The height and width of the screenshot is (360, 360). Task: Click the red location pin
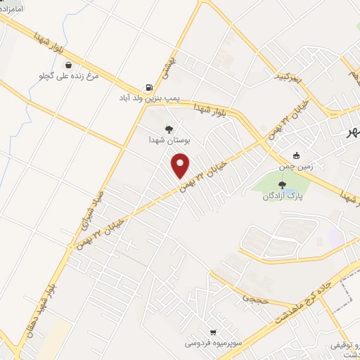point(181,165)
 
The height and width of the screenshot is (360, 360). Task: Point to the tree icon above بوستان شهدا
point(168,128)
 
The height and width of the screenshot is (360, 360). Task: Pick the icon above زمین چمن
point(297,155)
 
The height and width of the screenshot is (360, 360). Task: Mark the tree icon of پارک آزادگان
point(282,185)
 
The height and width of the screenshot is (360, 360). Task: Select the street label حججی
point(251,298)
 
